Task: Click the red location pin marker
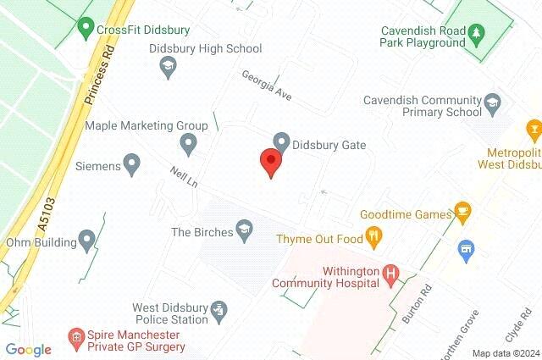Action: point(270,161)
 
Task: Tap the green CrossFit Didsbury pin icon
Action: point(85,28)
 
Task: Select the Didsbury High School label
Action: point(205,48)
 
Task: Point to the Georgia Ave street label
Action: point(266,86)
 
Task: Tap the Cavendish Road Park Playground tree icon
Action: point(476,35)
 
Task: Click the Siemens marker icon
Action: point(131,163)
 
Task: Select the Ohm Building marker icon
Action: point(86,241)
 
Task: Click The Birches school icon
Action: point(244,230)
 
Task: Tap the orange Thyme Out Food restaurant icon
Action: point(373,237)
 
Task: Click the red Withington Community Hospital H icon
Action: point(390,274)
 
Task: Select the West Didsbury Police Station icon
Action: point(218,310)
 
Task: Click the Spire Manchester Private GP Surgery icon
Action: point(76,337)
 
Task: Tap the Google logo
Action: point(28,349)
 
